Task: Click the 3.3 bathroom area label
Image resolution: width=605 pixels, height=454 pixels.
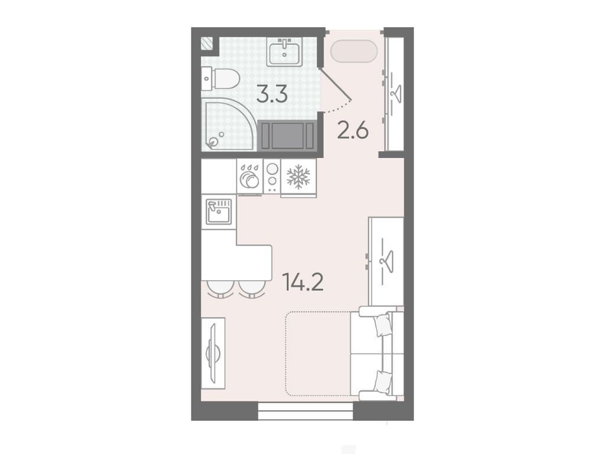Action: pyautogui.click(x=272, y=95)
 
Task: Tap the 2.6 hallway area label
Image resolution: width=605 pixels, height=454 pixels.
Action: pyautogui.click(x=353, y=130)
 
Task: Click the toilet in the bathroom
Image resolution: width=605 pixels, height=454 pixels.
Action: pyautogui.click(x=221, y=79)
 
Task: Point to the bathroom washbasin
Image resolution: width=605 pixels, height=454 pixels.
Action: pyautogui.click(x=285, y=52)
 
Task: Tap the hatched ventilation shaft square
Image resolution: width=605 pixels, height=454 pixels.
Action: pyautogui.click(x=206, y=44)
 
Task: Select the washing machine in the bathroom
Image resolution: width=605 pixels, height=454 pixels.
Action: pyautogui.click(x=288, y=135)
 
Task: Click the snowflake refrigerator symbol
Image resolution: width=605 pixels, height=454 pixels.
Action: pyautogui.click(x=298, y=177)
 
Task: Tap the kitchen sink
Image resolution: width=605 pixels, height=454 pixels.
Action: pyautogui.click(x=219, y=211)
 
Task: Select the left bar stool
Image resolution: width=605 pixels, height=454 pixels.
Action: pyautogui.click(x=220, y=288)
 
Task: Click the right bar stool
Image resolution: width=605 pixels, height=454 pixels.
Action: pyautogui.click(x=252, y=288)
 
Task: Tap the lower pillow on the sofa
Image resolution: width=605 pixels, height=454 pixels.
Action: pyautogui.click(x=383, y=381)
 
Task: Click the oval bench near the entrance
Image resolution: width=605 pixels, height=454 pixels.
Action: pyautogui.click(x=354, y=51)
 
